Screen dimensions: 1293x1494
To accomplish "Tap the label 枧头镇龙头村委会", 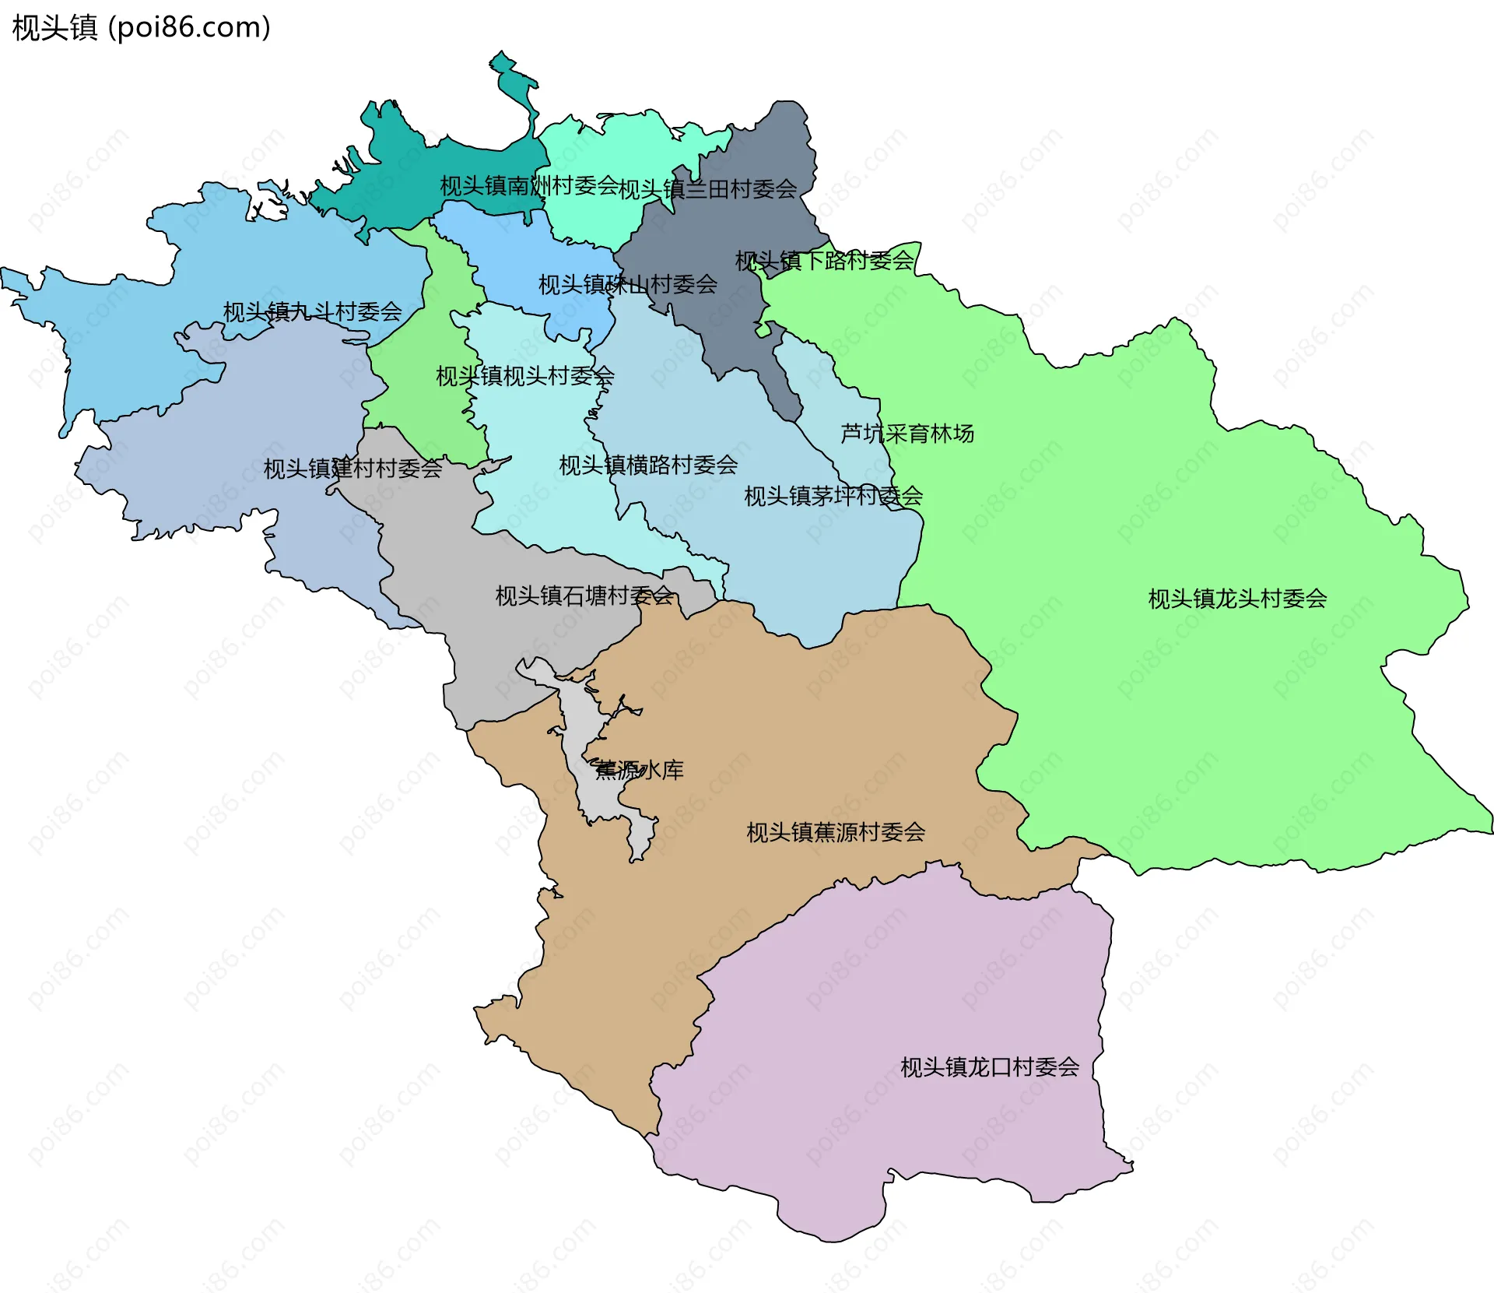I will coord(1237,599).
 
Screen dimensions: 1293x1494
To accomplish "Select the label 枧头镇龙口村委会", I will coord(990,1067).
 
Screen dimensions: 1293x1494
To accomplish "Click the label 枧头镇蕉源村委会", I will coord(836,832).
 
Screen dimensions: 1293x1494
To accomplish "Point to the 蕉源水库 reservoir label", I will coord(639,770).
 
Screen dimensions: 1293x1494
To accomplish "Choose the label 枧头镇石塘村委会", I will coord(584,596).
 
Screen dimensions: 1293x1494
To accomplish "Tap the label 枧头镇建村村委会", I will coord(352,469).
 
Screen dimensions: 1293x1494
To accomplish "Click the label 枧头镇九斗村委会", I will coord(312,312).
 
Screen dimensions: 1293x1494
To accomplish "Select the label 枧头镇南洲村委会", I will coord(529,185).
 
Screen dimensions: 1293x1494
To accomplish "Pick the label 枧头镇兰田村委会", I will coord(707,188).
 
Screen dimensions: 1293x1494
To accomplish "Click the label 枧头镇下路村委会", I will coord(824,260).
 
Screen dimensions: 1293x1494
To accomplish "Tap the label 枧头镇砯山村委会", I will coord(627,284).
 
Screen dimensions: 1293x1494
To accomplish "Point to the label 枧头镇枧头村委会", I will coord(524,376).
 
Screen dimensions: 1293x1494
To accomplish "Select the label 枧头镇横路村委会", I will coord(648,465).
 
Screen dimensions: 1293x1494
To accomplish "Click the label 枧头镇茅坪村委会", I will coord(833,496).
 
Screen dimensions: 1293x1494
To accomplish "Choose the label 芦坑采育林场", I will coord(907,433).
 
